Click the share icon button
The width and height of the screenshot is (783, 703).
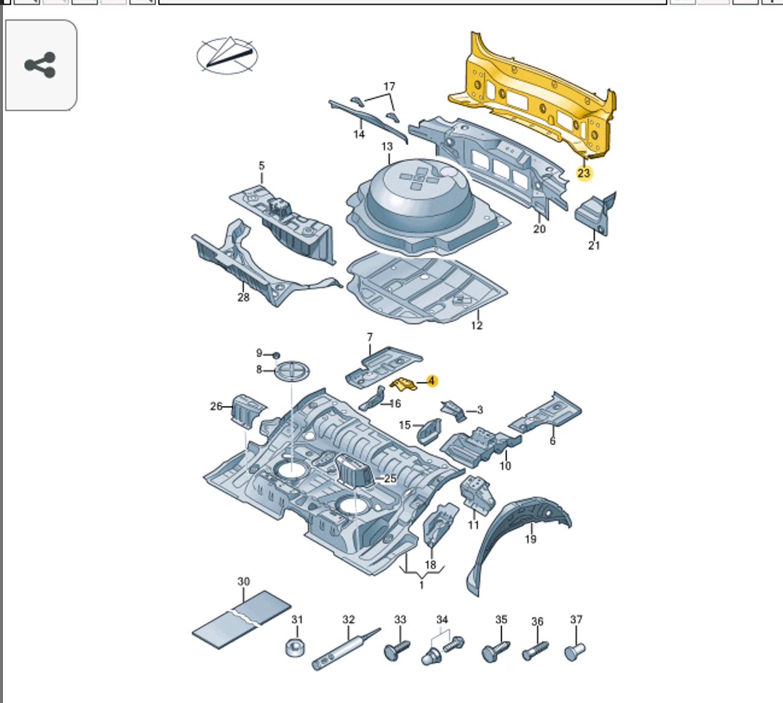(x=40, y=65)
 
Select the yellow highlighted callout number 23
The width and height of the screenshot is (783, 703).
(x=583, y=173)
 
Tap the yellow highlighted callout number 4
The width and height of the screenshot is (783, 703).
(x=431, y=381)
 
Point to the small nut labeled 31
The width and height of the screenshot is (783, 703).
(x=295, y=648)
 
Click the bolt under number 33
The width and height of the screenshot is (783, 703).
(x=396, y=650)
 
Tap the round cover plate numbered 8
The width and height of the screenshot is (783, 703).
(x=293, y=370)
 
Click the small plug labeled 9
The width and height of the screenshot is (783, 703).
(x=277, y=355)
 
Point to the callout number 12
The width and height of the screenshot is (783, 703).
(x=477, y=326)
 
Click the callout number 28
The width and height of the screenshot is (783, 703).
(x=243, y=297)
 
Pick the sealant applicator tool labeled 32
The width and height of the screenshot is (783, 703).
(x=344, y=649)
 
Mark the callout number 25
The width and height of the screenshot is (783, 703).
(x=390, y=479)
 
